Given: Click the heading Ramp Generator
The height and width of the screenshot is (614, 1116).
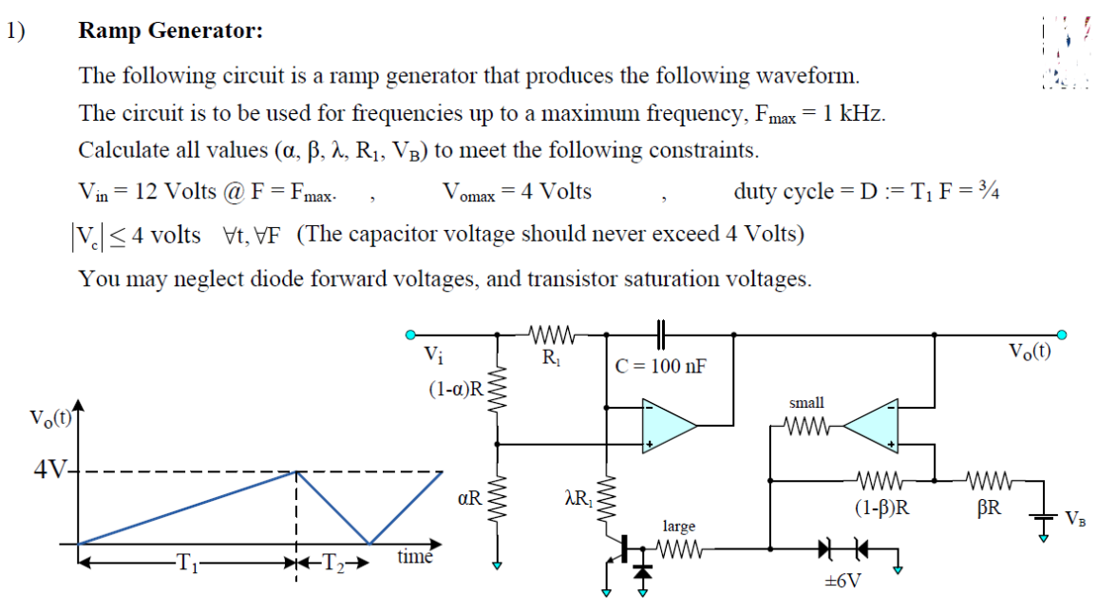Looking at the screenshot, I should pyautogui.click(x=170, y=31).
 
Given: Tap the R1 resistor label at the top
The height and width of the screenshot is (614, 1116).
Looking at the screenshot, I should pyautogui.click(x=550, y=359).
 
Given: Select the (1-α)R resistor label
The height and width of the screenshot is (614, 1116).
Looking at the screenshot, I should pyautogui.click(x=456, y=387).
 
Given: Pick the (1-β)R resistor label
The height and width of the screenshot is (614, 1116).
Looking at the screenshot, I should pyautogui.click(x=883, y=507).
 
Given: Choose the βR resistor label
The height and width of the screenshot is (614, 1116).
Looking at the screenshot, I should pyautogui.click(x=990, y=507).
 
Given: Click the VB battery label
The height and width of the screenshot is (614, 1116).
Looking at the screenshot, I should pyautogui.click(x=1076, y=519).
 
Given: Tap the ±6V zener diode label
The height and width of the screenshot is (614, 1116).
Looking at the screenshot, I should pyautogui.click(x=842, y=580).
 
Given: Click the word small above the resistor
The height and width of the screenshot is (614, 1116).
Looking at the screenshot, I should pyautogui.click(x=806, y=403).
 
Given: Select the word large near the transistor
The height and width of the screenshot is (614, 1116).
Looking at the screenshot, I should pyautogui.click(x=678, y=526).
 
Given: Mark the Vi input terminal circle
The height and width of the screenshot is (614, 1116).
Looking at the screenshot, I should pyautogui.click(x=409, y=335).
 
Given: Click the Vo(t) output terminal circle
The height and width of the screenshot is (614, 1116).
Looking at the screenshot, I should pyautogui.click(x=1063, y=335).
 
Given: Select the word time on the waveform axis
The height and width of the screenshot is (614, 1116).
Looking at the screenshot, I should pyautogui.click(x=415, y=556).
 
